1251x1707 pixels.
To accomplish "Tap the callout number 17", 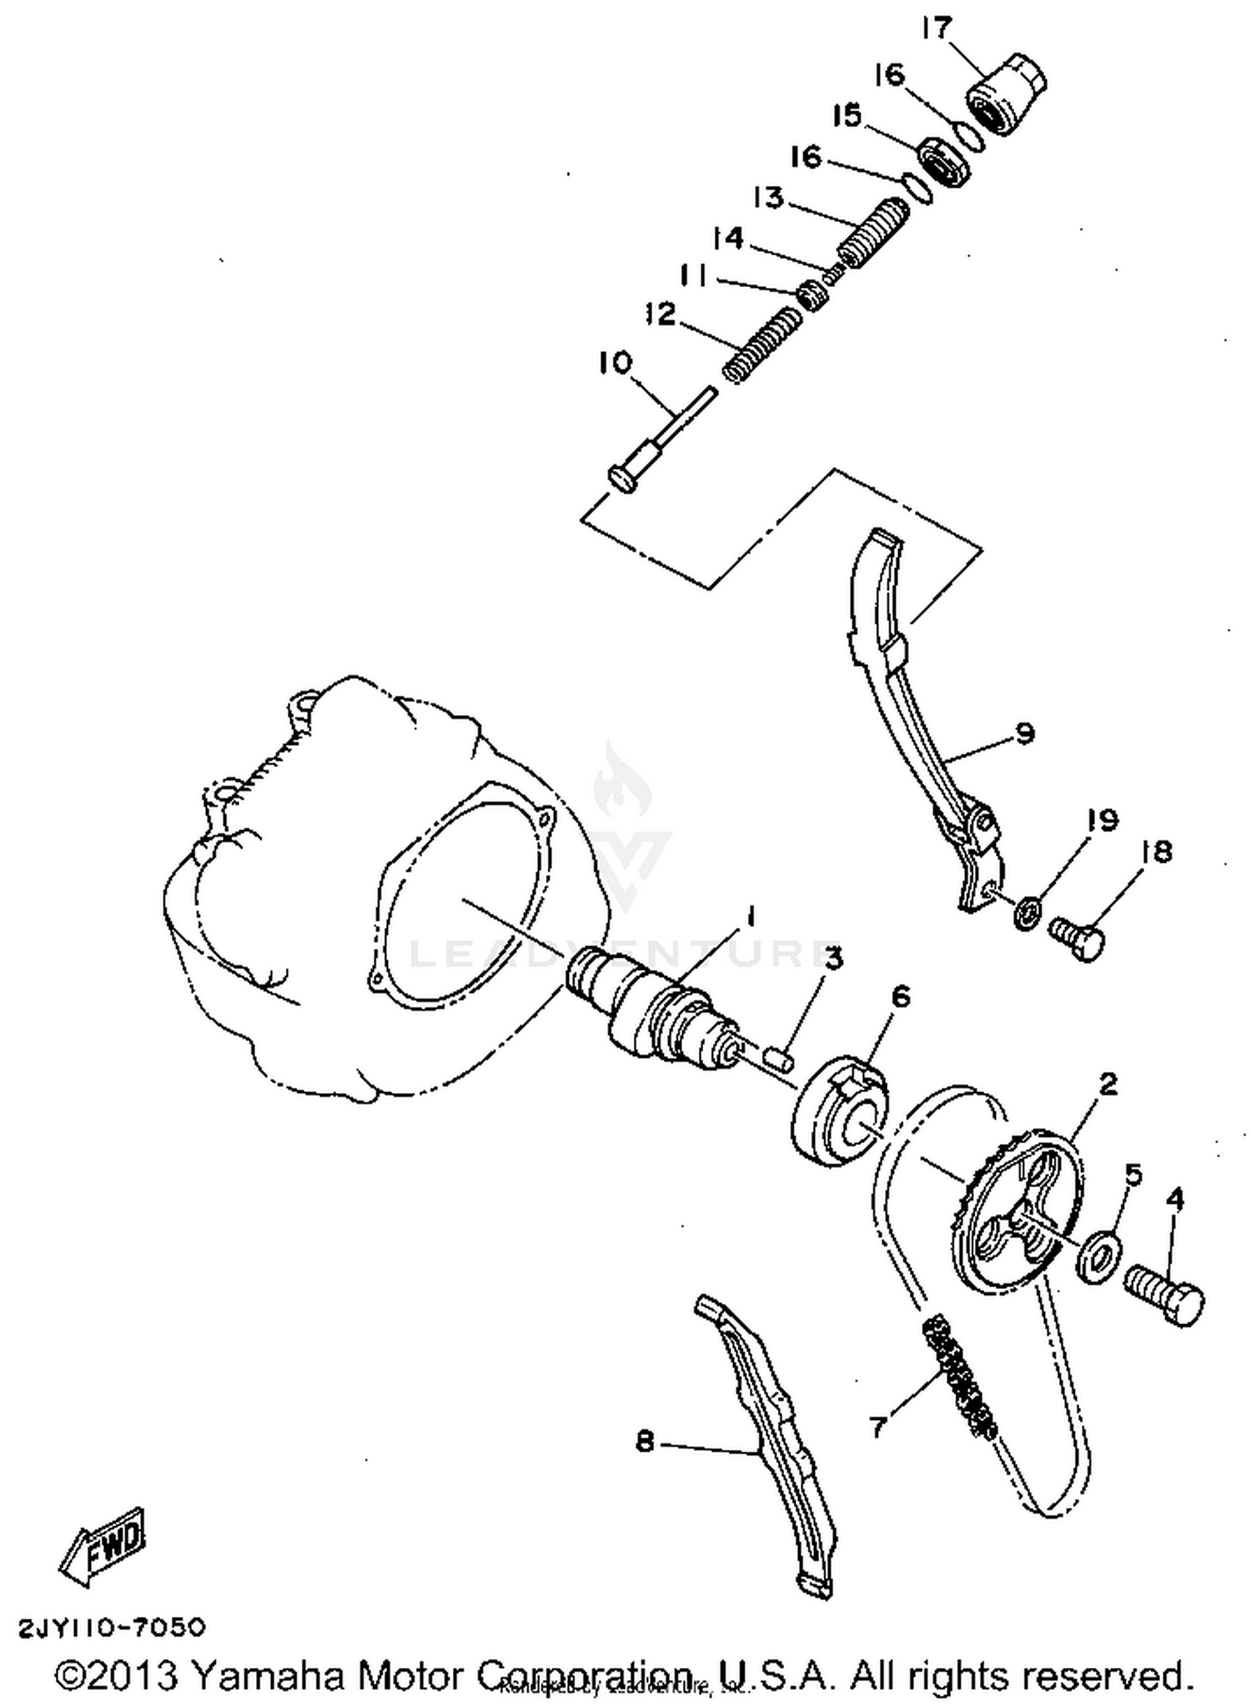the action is [x=937, y=28].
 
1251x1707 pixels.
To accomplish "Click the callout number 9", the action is [x=1024, y=734].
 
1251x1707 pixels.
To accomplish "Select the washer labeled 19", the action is [x=1028, y=911].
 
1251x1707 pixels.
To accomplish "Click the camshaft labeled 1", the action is [x=651, y=1005].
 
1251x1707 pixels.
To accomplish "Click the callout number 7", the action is [x=877, y=1427].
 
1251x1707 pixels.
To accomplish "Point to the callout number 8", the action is [x=645, y=1441].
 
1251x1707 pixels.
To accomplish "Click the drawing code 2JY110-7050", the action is [x=112, y=1627].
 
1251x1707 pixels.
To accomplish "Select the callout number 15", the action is [x=847, y=116].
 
